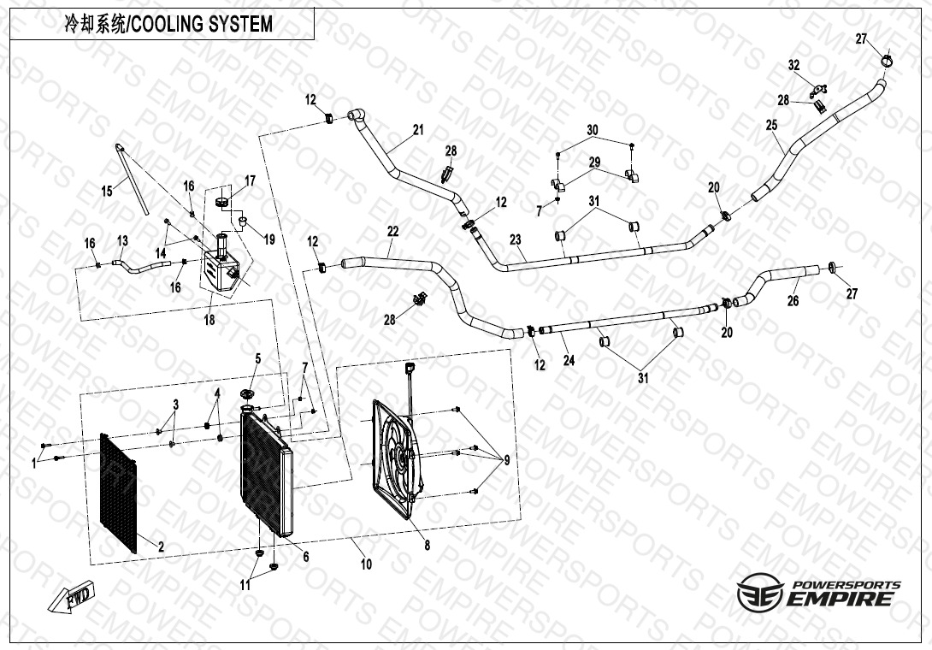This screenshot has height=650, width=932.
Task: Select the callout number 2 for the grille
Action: point(160,546)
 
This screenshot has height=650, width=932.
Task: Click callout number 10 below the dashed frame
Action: point(366,564)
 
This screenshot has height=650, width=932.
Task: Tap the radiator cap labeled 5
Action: point(249,393)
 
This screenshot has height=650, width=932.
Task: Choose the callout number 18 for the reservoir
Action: point(209,320)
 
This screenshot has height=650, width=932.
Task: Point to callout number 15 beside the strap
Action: point(107,192)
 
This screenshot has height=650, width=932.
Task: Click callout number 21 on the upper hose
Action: point(417,130)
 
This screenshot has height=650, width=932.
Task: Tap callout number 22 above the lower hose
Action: point(392,231)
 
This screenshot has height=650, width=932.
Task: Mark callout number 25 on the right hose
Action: point(771,125)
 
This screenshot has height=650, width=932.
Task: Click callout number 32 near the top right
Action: point(793,66)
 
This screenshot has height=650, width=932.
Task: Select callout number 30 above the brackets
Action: point(593,129)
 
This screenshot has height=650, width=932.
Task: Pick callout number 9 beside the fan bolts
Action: point(506,460)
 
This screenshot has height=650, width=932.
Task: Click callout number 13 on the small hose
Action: point(122,240)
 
